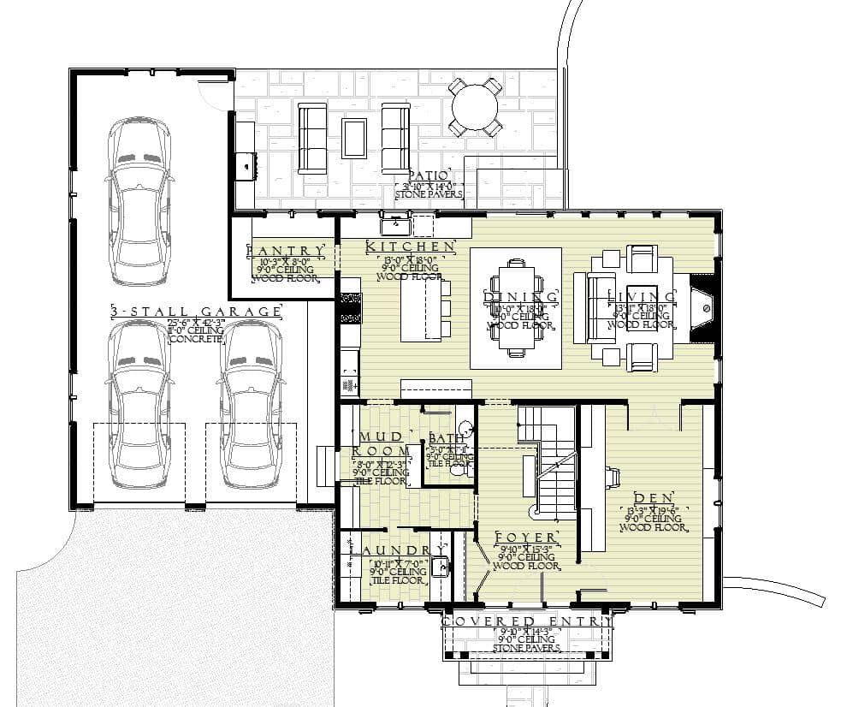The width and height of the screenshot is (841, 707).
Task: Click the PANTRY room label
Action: pyautogui.click(x=286, y=251)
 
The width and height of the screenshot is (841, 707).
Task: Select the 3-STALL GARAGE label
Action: pyautogui.click(x=196, y=312)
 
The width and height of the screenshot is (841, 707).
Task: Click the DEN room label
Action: pyautogui.click(x=655, y=497)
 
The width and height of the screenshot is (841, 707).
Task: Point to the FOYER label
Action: pyautogui.click(x=526, y=537)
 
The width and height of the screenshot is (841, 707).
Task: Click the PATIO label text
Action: pyautogui.click(x=429, y=174)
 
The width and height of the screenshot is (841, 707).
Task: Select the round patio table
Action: pyautogui.click(x=475, y=108)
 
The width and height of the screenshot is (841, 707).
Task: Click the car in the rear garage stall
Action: pyautogui.click(x=139, y=201)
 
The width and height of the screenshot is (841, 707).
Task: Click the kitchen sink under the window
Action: pyautogui.click(x=396, y=226)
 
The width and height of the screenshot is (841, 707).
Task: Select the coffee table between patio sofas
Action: pyautogui.click(x=353, y=137)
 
